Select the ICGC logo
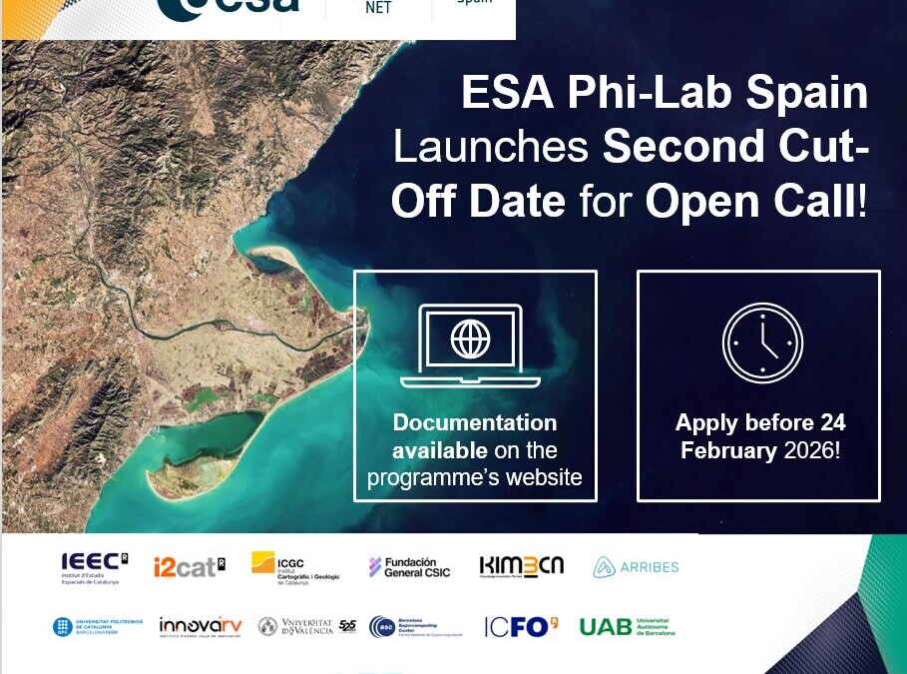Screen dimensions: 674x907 pos(294,566)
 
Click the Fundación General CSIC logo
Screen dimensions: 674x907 pos(409,566)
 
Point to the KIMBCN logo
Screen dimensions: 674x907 pos(522,566)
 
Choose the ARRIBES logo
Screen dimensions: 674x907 pos(636,567)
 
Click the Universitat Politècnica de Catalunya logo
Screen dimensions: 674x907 pos(98,627)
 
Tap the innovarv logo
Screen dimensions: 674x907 pos(200,626)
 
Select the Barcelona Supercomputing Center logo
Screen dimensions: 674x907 pos(415,626)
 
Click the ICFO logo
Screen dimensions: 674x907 pos(521,626)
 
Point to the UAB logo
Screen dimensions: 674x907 pos(627,626)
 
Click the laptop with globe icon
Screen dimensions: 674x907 pos(470,345)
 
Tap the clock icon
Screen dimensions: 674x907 pos(762,343)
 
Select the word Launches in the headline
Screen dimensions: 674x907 pos(491,148)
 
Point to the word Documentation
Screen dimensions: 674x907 pos(475,422)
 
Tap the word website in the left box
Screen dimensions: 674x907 pos(544,477)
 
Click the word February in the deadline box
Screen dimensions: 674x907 pos(727,450)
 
